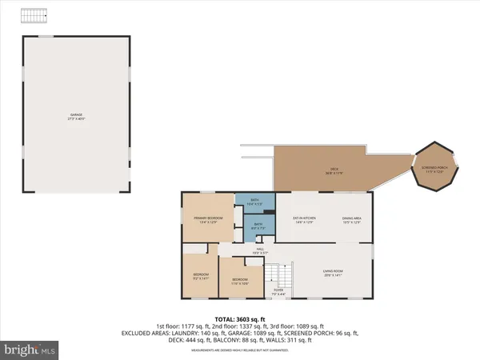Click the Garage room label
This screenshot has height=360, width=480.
pos(76,116)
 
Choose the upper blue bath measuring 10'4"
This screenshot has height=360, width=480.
pos(254,203)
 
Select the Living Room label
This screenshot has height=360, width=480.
pos(333,274)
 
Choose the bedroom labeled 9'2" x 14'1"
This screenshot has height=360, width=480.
pos(200,277)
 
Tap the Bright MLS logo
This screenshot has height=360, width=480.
pos(30,350)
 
